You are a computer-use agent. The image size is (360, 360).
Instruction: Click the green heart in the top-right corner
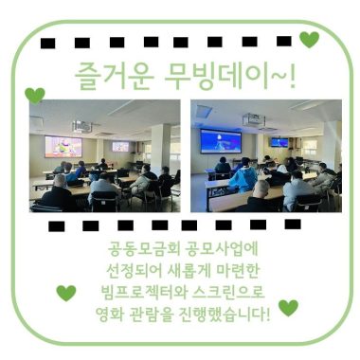309,39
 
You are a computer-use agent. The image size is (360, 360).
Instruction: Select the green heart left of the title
35,95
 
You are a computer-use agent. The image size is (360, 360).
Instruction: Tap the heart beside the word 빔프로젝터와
65,292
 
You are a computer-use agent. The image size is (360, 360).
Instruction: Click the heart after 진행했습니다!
288,307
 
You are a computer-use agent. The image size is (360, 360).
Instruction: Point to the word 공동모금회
141,251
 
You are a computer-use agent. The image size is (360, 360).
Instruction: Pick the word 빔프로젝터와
133,292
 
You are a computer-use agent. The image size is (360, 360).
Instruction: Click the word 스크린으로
226,292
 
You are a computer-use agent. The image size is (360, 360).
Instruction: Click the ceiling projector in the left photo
82,125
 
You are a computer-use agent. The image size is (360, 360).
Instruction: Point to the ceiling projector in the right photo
252,120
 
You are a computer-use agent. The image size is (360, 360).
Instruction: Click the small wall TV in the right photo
279,142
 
